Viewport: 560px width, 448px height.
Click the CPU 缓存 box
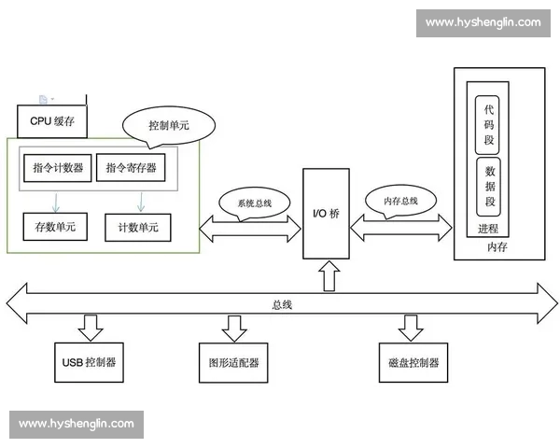(52, 120)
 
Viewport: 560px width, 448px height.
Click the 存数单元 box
(55, 227)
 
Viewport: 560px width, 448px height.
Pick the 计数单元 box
(138, 227)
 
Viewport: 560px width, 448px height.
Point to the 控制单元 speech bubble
(169, 124)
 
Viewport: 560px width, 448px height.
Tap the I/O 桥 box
(326, 214)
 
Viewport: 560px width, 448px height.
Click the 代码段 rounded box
(488, 123)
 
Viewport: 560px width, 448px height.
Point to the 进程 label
(488, 229)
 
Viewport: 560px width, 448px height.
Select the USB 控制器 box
(90, 362)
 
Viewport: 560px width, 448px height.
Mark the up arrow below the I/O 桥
(326, 274)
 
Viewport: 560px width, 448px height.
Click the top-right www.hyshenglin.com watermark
(483, 21)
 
